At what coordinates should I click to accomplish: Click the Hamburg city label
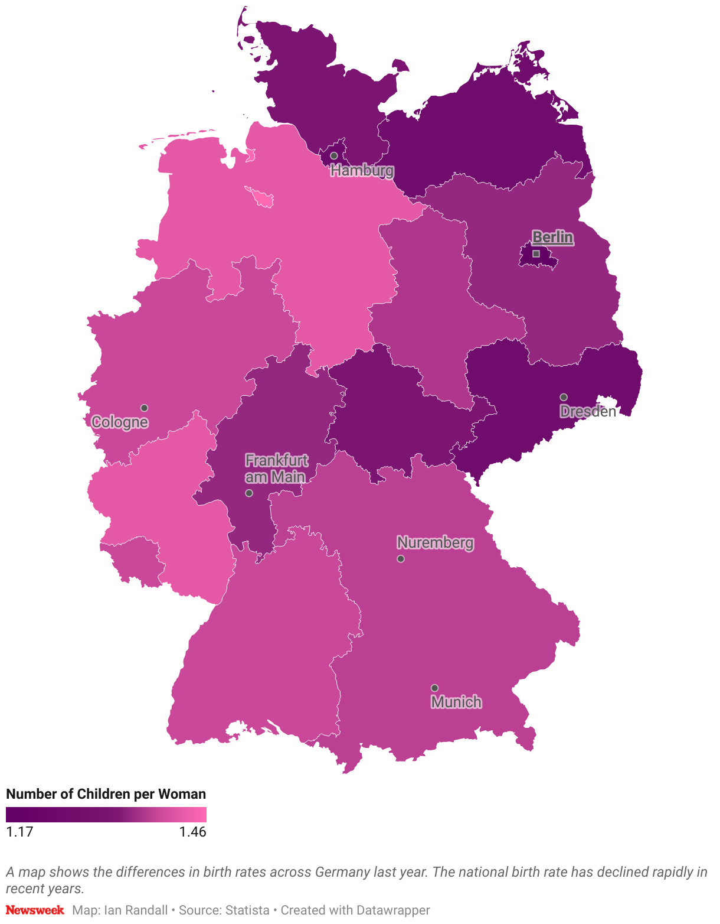tap(362, 171)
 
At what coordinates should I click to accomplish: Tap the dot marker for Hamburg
tap(333, 156)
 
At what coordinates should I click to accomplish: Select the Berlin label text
tap(552, 237)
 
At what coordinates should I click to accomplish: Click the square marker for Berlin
tap(536, 253)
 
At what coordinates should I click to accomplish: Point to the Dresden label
tap(588, 412)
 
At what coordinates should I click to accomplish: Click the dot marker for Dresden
tap(564, 397)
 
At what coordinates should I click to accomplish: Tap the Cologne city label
tap(120, 422)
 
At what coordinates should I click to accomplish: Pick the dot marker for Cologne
tap(144, 408)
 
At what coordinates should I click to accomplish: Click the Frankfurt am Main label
tap(276, 468)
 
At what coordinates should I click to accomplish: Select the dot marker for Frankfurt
tap(249, 493)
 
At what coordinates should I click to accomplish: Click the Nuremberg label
tap(435, 542)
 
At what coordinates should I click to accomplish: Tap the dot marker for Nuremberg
tap(401, 559)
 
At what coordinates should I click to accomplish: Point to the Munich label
tap(456, 702)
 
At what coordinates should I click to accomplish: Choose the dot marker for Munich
tap(434, 688)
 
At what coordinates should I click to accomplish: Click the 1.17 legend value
tap(19, 832)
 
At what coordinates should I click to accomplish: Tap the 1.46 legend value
tap(192, 832)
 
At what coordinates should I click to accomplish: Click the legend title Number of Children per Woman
tap(106, 794)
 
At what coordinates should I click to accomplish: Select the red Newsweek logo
tap(35, 910)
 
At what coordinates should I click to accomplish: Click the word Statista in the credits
tap(246, 910)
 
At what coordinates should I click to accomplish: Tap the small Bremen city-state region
tap(261, 197)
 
